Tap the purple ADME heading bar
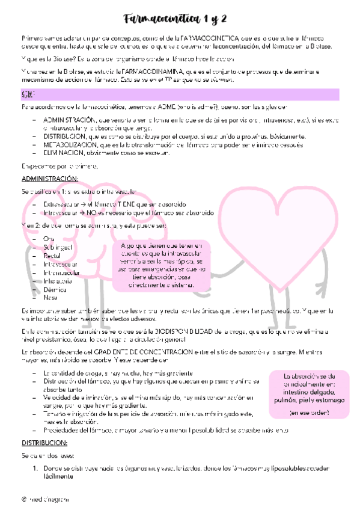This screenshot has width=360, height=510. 180,95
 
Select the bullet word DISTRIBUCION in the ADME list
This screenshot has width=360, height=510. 66,137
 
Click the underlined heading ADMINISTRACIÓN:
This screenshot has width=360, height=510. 50,179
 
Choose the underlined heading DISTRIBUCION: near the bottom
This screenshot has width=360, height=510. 44,441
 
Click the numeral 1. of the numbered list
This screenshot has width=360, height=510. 35,467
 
